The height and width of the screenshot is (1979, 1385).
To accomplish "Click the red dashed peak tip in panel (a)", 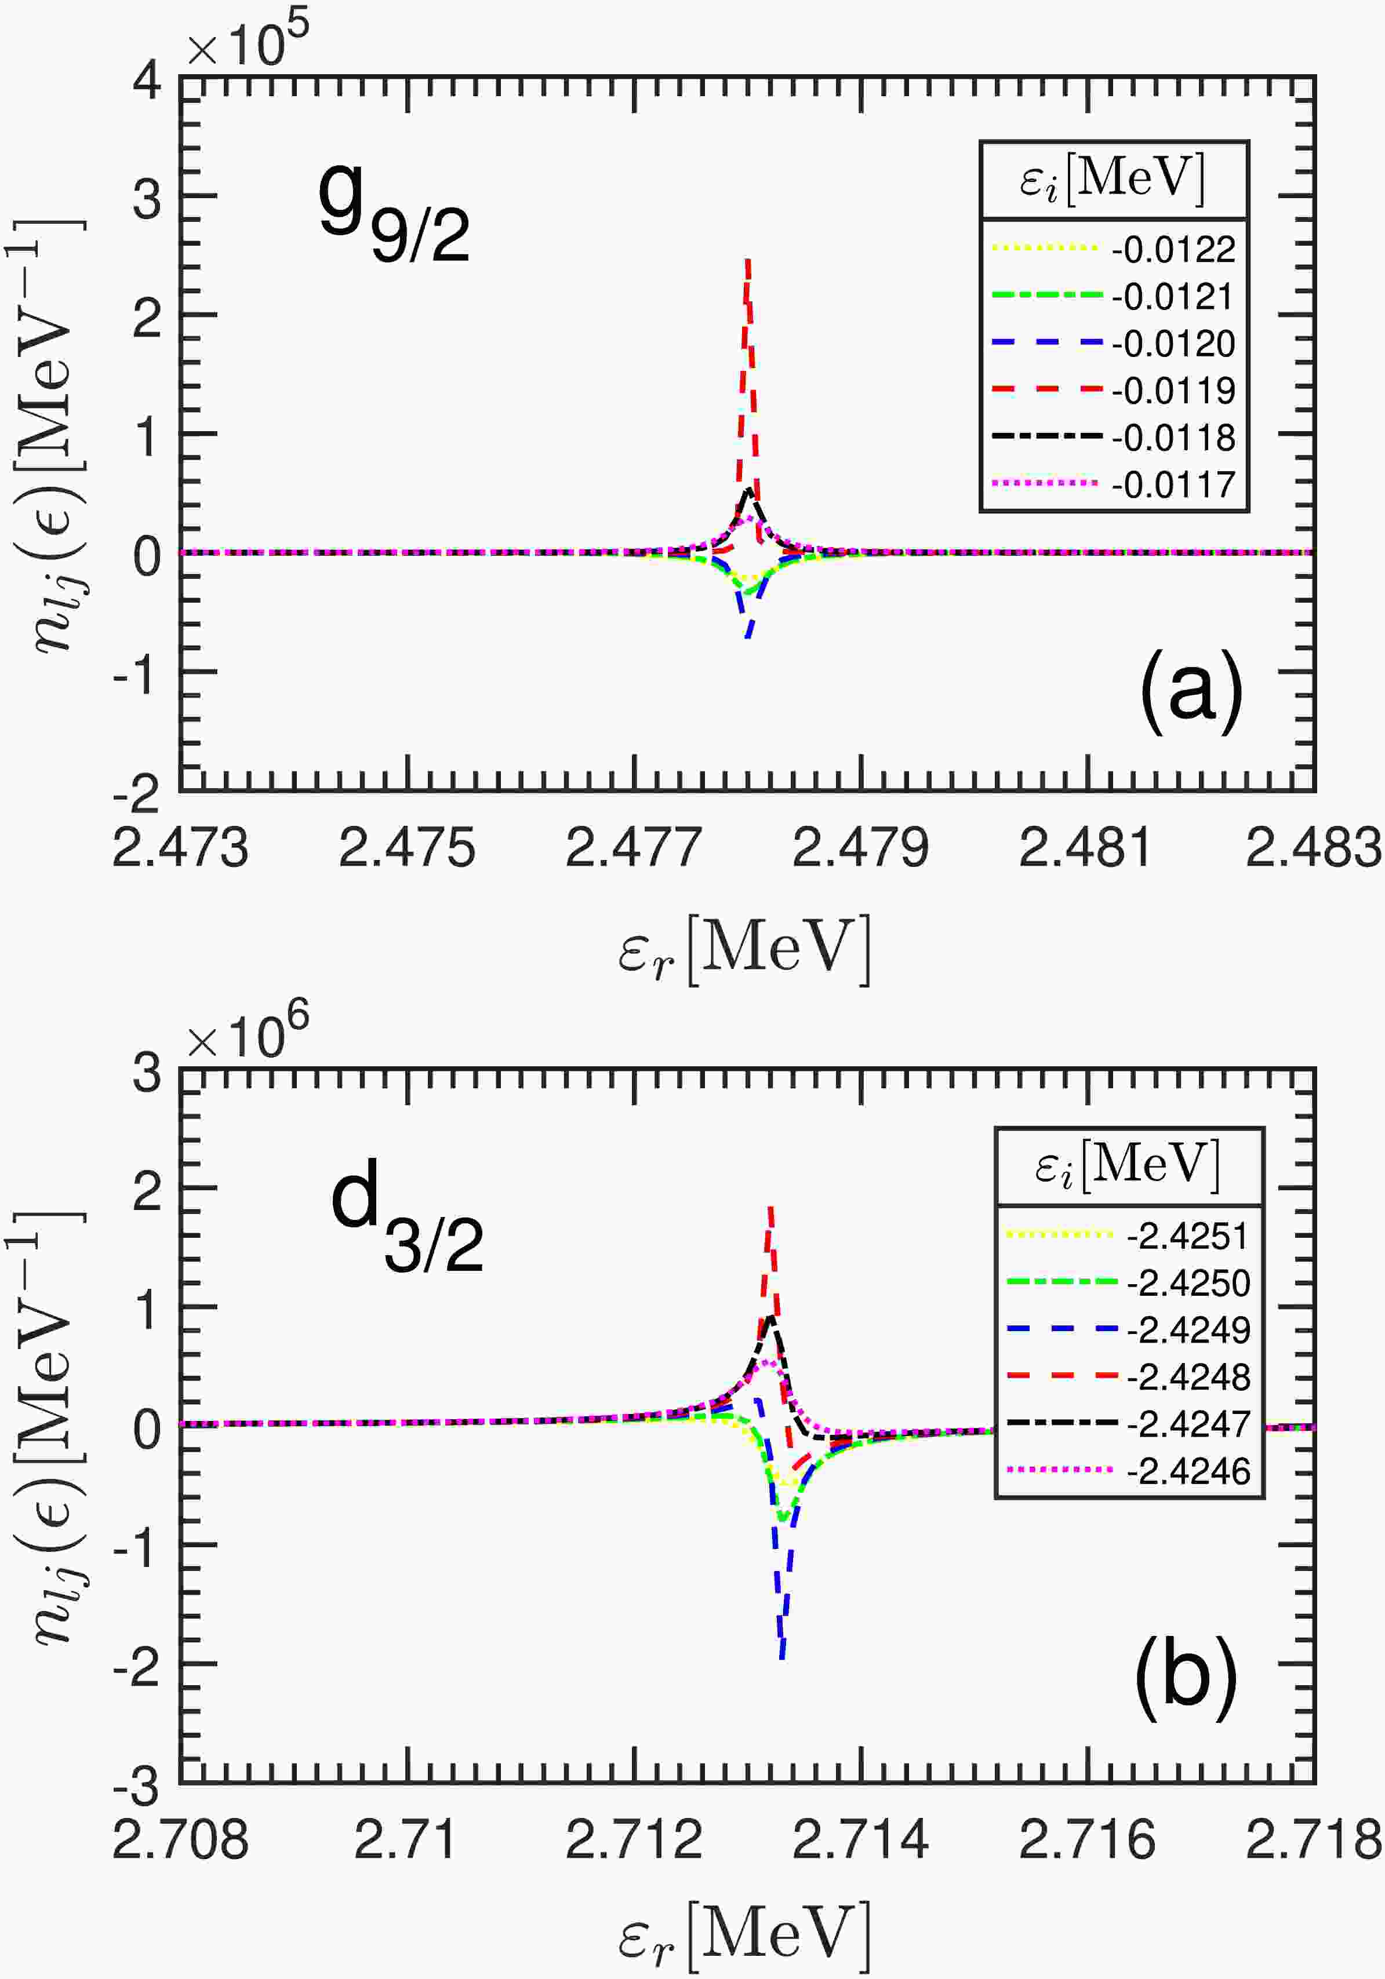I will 748,260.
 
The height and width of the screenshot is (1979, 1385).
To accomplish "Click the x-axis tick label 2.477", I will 633,848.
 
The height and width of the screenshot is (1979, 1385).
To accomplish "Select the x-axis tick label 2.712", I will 633,1839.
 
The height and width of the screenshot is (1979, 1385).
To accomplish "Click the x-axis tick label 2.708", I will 180,1839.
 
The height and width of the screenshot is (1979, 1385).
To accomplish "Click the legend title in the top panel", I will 1113,178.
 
